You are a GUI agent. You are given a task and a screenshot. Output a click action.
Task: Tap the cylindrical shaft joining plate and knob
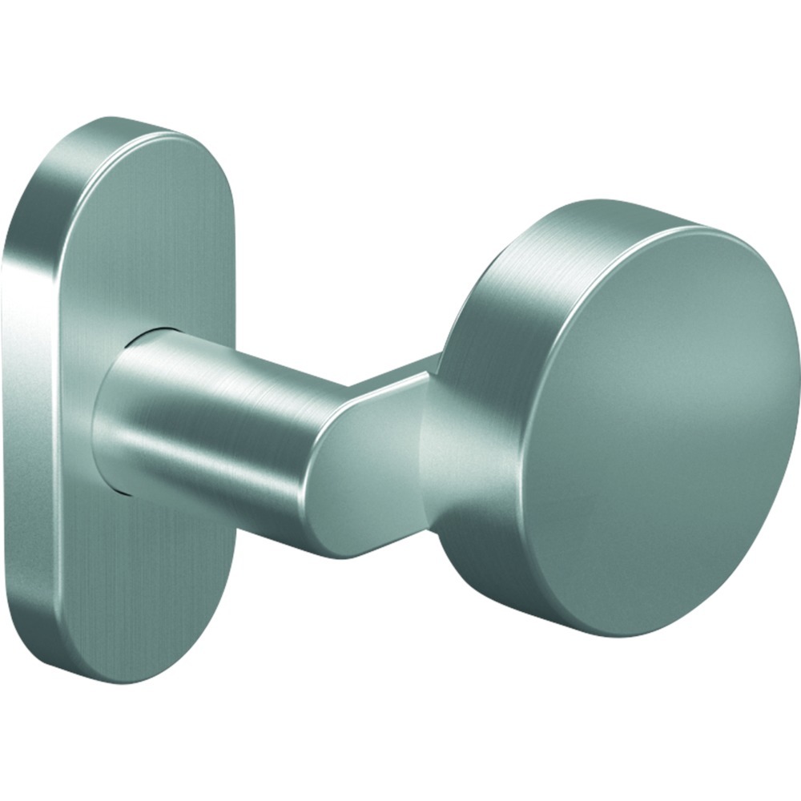pyautogui.click(x=224, y=425)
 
